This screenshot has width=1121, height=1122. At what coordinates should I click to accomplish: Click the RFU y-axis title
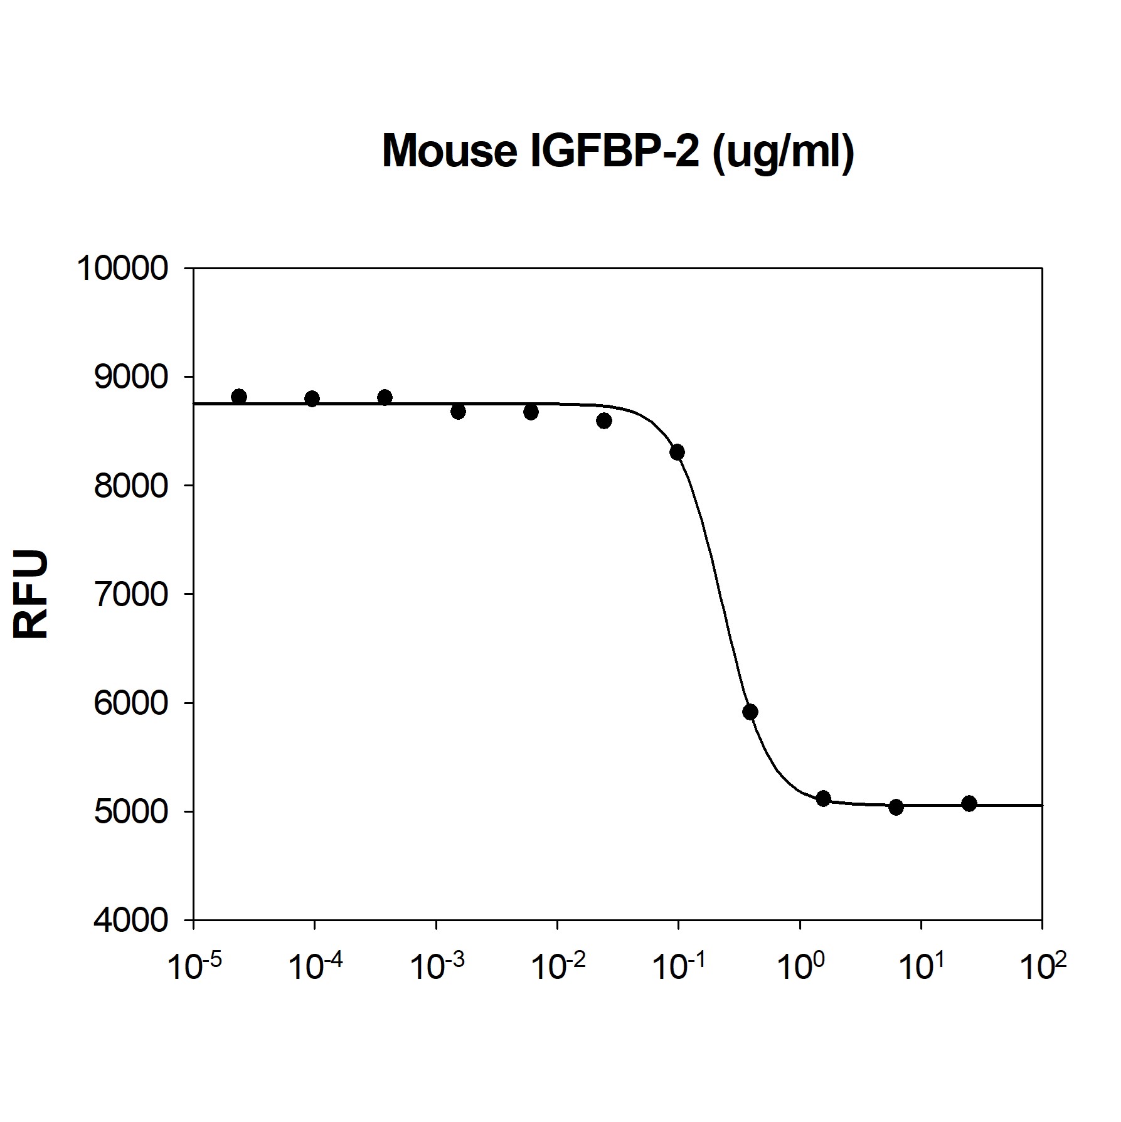click(31, 594)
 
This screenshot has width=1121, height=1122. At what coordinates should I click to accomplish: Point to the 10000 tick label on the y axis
click(122, 269)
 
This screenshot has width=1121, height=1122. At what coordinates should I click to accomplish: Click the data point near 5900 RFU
click(750, 712)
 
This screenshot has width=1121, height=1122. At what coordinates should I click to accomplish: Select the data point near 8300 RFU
click(677, 452)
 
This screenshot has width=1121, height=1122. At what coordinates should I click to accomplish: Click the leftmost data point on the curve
click(239, 397)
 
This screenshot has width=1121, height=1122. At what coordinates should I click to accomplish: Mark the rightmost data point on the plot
click(969, 803)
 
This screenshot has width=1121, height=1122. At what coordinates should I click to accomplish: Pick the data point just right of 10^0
click(824, 798)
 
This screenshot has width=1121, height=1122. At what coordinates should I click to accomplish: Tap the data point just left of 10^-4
click(312, 398)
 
